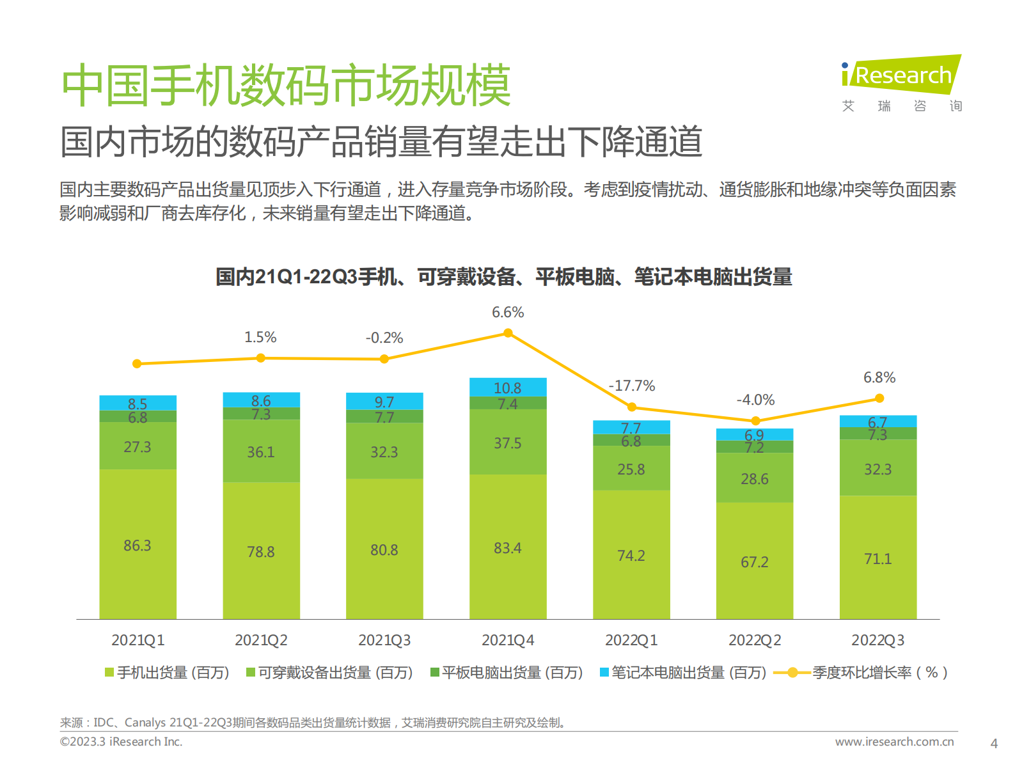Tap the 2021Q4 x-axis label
pos(507,640)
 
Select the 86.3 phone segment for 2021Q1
pos(138,545)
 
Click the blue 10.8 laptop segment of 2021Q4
pos(508,387)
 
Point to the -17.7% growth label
pos(631,386)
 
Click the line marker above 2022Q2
pos(755,421)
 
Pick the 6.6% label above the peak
pos(508,312)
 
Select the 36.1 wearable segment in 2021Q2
pos(261,451)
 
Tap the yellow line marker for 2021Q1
pos(137,364)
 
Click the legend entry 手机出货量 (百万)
pos(167,673)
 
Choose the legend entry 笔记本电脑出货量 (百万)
pos(682,673)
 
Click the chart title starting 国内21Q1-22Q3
pos(503,277)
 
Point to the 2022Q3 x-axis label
pos(877,640)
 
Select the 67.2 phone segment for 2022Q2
pos(755,561)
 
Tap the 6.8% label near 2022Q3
pos(879,377)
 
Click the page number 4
pos(993,744)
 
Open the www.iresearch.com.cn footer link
pos(894,742)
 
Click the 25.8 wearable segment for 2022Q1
pos(631,469)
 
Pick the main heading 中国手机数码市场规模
pos(286,85)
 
